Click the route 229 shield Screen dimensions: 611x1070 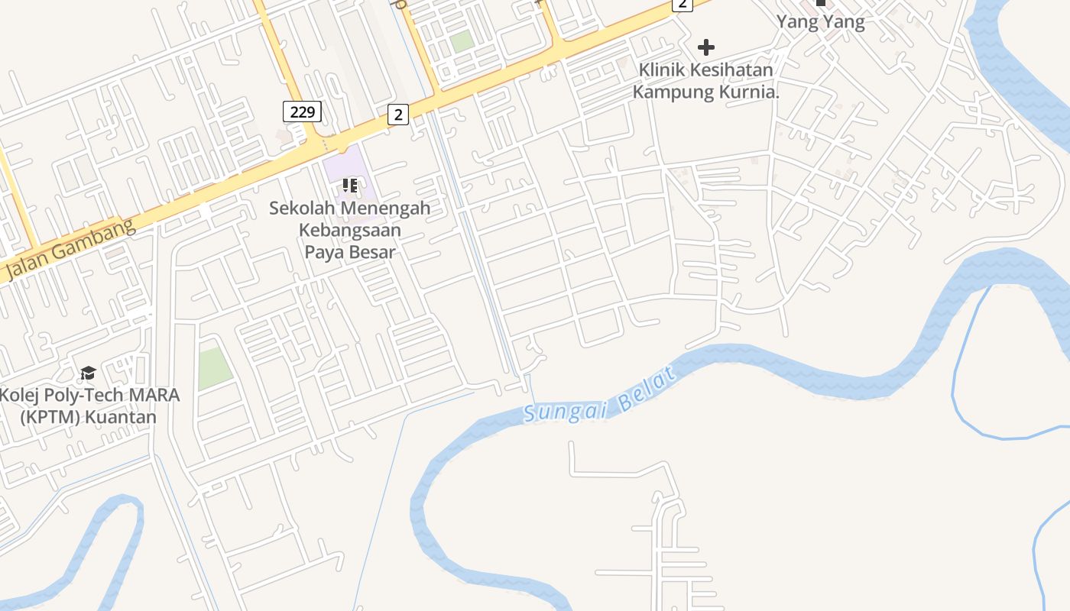303,112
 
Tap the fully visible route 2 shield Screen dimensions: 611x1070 397,115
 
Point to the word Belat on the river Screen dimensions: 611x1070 649,390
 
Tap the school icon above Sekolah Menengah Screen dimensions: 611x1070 350,185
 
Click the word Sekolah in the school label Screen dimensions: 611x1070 303,208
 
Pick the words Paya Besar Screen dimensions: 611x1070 350,251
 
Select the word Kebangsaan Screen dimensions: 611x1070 350,229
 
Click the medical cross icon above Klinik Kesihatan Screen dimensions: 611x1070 706,47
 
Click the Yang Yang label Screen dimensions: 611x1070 821,21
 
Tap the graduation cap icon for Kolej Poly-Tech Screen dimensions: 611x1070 89,373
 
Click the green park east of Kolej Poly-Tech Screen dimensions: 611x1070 214,367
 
